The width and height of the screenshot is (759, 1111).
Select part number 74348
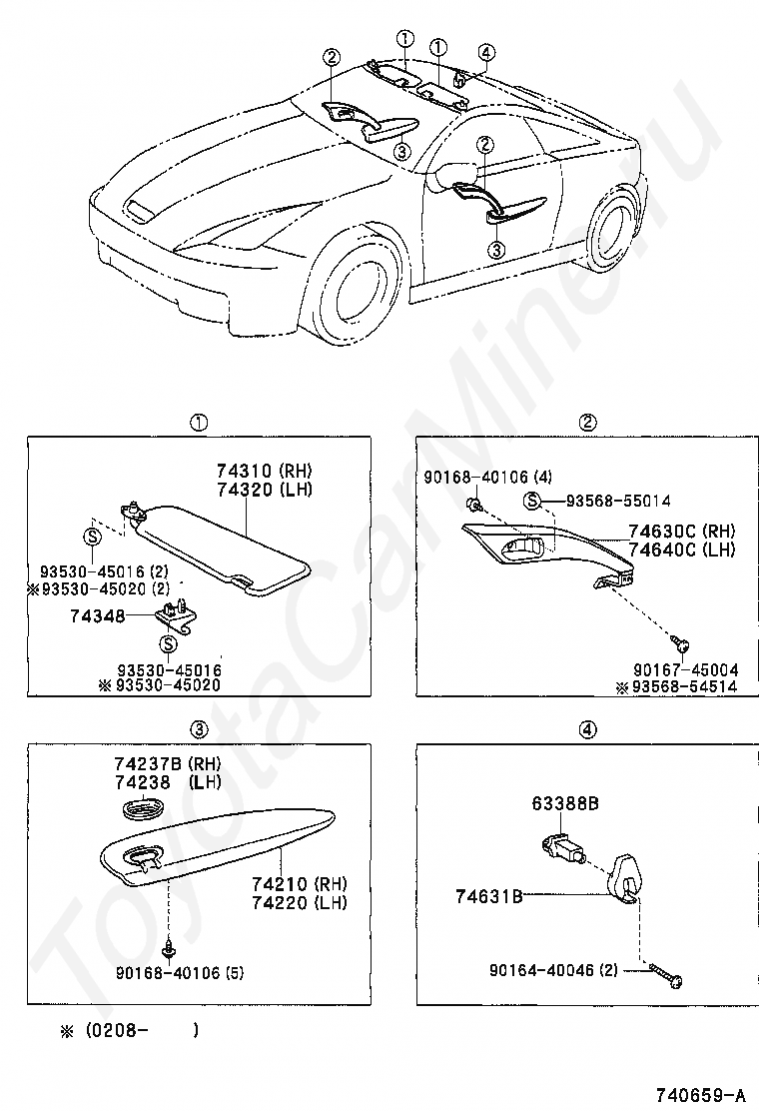coord(97,616)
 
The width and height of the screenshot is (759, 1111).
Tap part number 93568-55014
coord(618,501)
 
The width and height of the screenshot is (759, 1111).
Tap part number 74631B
coord(490,897)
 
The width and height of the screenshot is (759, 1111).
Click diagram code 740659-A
coord(700,1094)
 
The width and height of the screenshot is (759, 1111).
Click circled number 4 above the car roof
coord(485,53)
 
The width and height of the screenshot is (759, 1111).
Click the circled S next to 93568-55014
coord(533,501)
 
